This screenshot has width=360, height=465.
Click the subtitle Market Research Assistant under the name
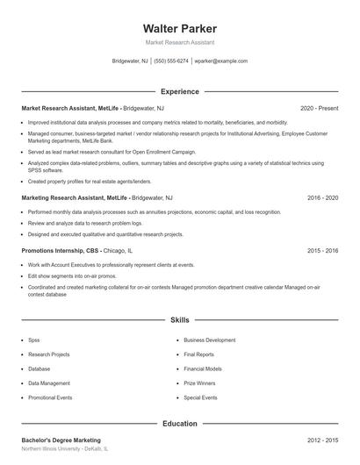click(x=179, y=42)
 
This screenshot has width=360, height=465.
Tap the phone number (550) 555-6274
click(x=171, y=61)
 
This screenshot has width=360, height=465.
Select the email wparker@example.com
click(x=220, y=61)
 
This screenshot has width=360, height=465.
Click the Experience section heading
click(x=179, y=91)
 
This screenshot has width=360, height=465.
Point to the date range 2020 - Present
click(x=319, y=108)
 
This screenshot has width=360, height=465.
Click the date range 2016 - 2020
click(x=322, y=198)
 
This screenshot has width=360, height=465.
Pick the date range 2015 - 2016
click(x=322, y=251)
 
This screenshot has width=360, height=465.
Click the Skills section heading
click(x=179, y=320)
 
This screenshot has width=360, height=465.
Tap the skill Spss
click(x=34, y=340)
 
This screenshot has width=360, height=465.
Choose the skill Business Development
click(x=209, y=340)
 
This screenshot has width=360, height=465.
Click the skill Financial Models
click(x=203, y=368)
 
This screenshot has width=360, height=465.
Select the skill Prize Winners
click(x=199, y=383)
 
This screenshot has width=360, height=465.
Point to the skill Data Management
click(x=48, y=383)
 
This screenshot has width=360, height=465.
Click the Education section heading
click(x=179, y=424)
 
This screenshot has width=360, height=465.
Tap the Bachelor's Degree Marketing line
click(x=61, y=440)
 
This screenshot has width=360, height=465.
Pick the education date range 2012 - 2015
click(x=322, y=440)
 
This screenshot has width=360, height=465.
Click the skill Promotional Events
click(x=50, y=397)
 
